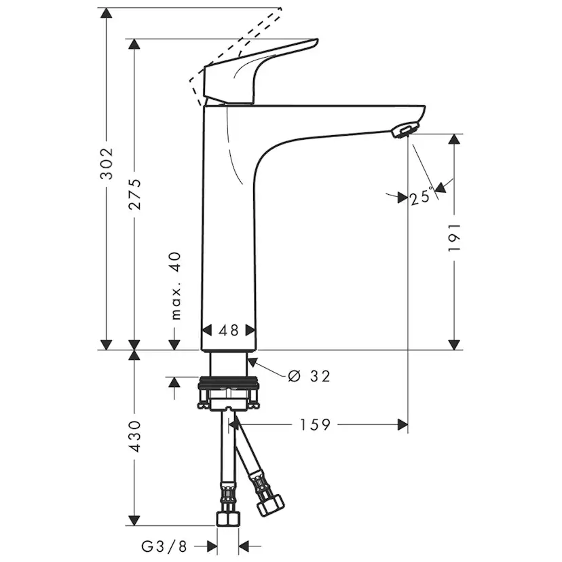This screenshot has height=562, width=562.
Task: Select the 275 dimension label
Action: (x=135, y=194)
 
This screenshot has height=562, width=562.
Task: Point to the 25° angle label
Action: (x=421, y=197)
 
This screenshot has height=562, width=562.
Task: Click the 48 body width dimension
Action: (x=229, y=331)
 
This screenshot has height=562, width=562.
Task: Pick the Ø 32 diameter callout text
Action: (x=309, y=375)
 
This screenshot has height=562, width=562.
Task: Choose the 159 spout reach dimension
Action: (x=315, y=425)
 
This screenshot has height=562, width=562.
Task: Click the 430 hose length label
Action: (x=135, y=436)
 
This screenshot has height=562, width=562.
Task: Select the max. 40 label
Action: (x=176, y=285)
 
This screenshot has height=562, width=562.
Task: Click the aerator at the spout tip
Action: (x=405, y=130)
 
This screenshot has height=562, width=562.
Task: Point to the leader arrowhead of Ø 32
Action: (x=254, y=362)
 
